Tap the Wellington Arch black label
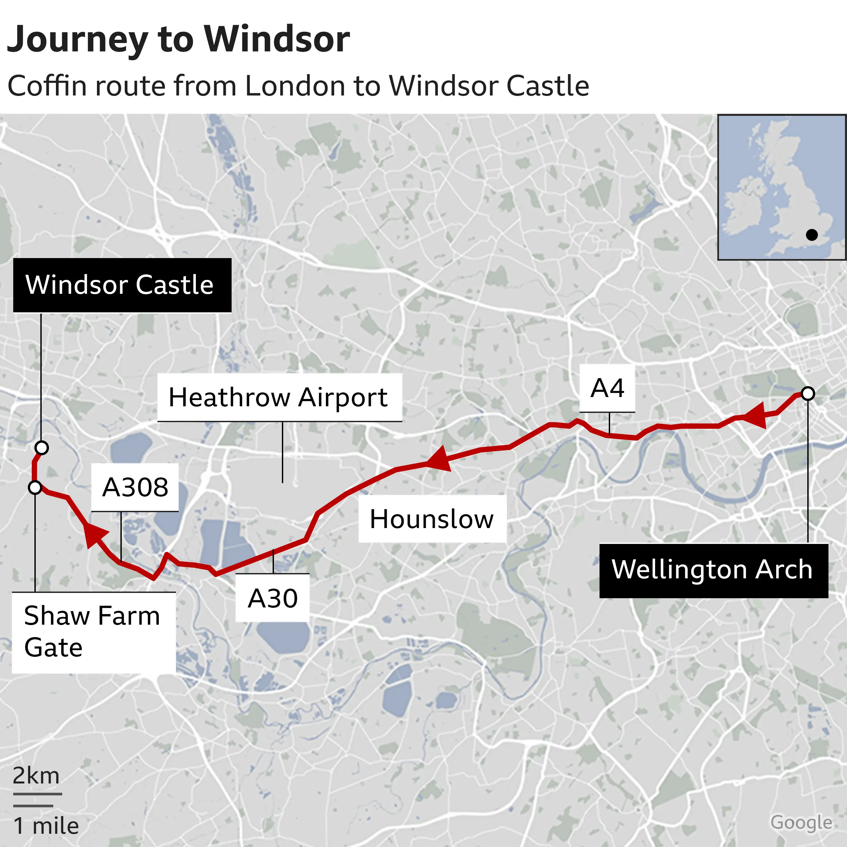click(x=713, y=570)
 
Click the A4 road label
click(x=607, y=388)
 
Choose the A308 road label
click(x=135, y=487)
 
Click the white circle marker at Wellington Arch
click(x=808, y=394)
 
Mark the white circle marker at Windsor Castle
click(x=42, y=448)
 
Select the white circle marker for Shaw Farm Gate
click(x=35, y=487)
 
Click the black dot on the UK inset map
click(x=812, y=235)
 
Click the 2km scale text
click(x=36, y=776)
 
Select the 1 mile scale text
click(x=46, y=826)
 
